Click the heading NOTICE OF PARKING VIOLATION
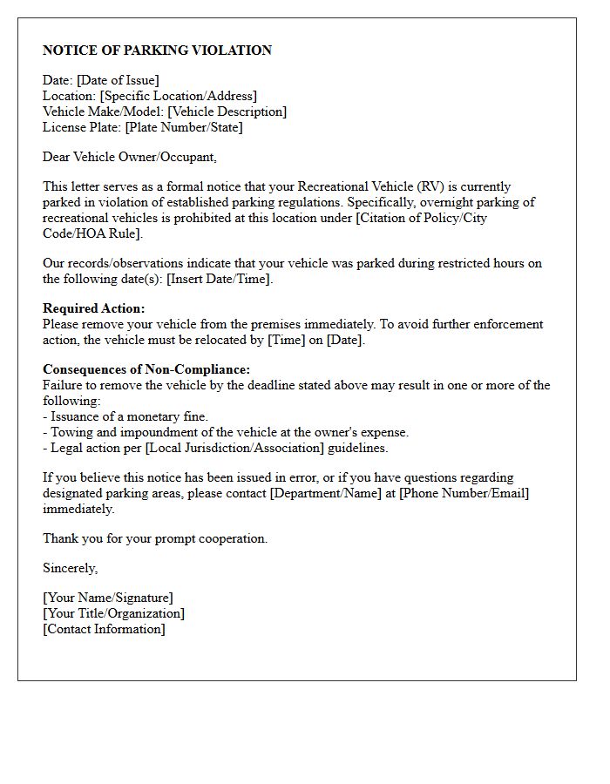(157, 51)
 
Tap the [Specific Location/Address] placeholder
(179, 96)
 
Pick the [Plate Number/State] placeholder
(184, 127)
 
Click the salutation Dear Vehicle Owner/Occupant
(129, 157)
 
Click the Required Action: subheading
(94, 308)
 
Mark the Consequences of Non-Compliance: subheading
(146, 369)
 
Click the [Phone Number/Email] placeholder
(464, 493)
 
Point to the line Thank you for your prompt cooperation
(155, 538)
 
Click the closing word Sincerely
(70, 568)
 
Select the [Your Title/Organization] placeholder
(113, 613)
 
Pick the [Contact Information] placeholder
(104, 629)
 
